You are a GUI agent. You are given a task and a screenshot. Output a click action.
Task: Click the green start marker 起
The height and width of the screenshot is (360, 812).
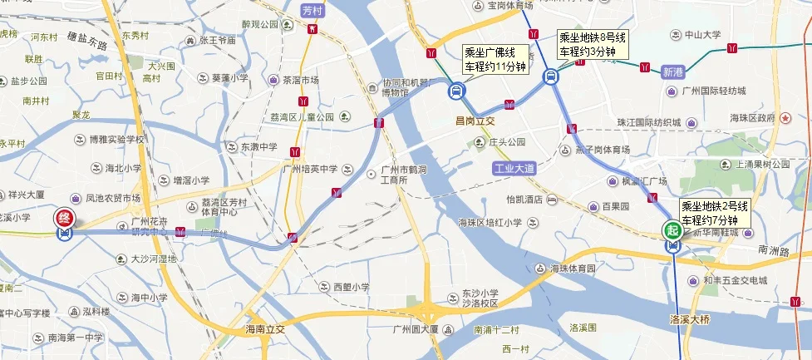[x=671, y=229]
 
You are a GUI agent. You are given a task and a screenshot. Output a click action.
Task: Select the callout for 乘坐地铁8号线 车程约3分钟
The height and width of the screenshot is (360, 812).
[x=593, y=44]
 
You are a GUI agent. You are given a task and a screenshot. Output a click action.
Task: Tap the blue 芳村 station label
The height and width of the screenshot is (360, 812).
[x=312, y=10]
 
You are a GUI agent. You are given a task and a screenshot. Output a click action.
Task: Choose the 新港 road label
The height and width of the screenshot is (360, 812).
[x=672, y=72]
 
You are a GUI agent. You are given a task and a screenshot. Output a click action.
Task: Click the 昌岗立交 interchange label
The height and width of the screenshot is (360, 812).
[x=475, y=121]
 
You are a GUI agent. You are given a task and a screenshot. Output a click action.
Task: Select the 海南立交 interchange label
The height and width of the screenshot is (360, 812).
[x=265, y=329]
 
